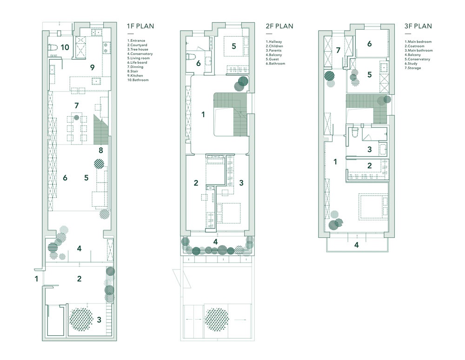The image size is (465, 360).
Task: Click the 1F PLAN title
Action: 140,26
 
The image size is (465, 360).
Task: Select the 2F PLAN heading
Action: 279,26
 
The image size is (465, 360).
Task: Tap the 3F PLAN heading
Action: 418,26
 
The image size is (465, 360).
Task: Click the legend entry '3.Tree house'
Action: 138,50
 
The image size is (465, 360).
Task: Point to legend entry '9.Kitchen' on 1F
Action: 135,76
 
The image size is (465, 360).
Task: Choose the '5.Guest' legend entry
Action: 272,59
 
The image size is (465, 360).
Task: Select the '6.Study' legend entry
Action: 411,64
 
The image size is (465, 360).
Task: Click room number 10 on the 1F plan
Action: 65,47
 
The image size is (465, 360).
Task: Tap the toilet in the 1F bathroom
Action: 53,47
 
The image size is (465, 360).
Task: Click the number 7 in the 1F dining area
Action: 77,105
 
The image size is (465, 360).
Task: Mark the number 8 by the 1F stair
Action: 101,151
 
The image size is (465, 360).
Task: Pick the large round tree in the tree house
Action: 80,320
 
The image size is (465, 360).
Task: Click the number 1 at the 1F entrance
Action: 36,279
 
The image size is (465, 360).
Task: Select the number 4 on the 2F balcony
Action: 216,242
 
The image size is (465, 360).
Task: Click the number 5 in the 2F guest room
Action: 234,46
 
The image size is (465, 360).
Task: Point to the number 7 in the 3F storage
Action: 338,50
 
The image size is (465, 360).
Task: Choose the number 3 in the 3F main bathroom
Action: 370,149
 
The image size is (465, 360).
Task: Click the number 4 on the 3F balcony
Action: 357,245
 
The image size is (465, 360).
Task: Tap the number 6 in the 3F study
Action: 370,44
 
